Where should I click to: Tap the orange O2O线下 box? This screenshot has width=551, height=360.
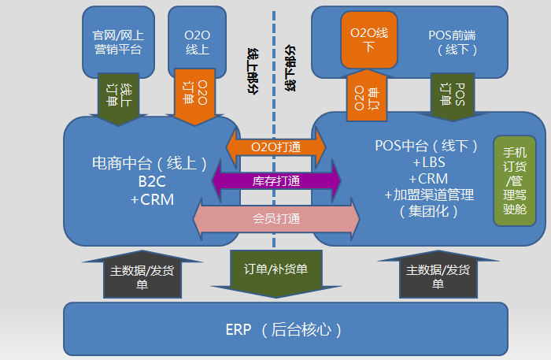pyautogui.click(x=370, y=39)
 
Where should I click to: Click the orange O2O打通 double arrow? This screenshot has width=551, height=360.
pyautogui.click(x=275, y=147)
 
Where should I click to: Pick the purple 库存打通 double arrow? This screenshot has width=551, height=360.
pyautogui.click(x=275, y=181)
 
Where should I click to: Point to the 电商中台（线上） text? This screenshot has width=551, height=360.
pyautogui.click(x=150, y=165)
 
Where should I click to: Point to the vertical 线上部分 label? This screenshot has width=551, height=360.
pyautogui.click(x=253, y=69)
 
